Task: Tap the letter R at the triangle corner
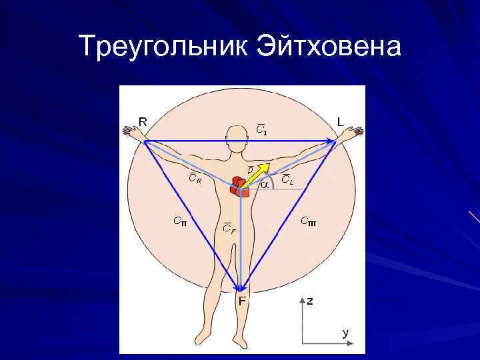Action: click(x=143, y=121)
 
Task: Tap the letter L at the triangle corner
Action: click(x=340, y=122)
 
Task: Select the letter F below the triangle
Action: click(x=243, y=301)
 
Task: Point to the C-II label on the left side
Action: click(x=179, y=220)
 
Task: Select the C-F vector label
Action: click(x=229, y=230)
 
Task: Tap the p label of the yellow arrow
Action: click(x=250, y=170)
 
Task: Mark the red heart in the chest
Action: click(x=239, y=187)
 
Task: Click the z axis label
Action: click(x=310, y=301)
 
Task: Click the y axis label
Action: click(x=345, y=332)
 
